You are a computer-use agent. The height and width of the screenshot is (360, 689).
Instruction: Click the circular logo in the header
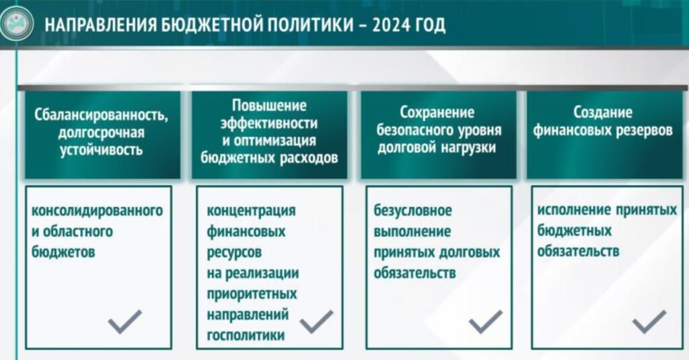click(x=17, y=23)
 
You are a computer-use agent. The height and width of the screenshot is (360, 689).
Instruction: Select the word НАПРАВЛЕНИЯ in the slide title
click(x=100, y=25)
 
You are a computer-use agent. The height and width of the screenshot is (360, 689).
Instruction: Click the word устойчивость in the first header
click(x=101, y=150)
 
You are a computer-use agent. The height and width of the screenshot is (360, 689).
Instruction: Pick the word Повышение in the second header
click(x=269, y=106)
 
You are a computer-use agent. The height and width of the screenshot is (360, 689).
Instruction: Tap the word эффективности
click(x=269, y=123)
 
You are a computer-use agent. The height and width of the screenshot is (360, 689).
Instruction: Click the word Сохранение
click(x=437, y=112)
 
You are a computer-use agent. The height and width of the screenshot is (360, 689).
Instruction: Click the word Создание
click(x=602, y=112)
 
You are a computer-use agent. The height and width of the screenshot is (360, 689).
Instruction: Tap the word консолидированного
click(x=97, y=211)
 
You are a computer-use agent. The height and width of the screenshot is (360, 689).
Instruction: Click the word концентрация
click(x=252, y=211)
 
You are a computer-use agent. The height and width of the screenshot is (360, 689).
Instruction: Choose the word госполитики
click(x=246, y=335)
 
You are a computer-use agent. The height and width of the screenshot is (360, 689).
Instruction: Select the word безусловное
click(x=412, y=210)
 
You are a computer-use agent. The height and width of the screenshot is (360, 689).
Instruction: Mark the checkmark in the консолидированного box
click(x=124, y=322)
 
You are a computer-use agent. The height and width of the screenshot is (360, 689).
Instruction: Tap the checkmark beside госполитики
click(x=316, y=322)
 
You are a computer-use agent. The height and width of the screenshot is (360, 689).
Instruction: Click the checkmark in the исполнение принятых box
click(x=649, y=322)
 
